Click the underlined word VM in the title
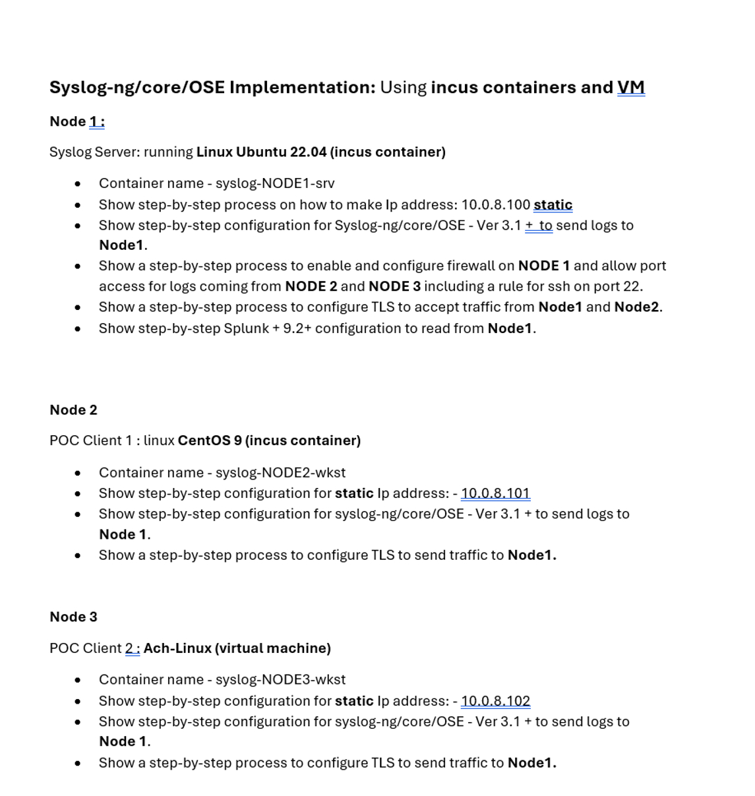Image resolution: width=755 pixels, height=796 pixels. click(x=630, y=88)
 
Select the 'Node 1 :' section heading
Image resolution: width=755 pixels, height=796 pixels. click(x=76, y=122)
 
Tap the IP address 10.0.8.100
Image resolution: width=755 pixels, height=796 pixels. click(x=495, y=205)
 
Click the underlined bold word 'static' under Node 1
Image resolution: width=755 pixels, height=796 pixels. click(x=553, y=205)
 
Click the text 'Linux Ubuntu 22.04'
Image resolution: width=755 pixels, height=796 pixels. click(x=261, y=152)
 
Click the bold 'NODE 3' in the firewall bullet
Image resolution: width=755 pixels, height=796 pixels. click(x=394, y=286)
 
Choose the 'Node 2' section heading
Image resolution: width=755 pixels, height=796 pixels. click(x=73, y=410)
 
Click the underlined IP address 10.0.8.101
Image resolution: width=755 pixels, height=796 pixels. click(x=495, y=493)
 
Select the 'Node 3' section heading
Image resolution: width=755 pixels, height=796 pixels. click(x=73, y=617)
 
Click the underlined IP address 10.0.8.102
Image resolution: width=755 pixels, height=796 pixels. click(x=495, y=701)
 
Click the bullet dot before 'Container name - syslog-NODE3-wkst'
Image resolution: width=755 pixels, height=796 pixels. click(x=78, y=680)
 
